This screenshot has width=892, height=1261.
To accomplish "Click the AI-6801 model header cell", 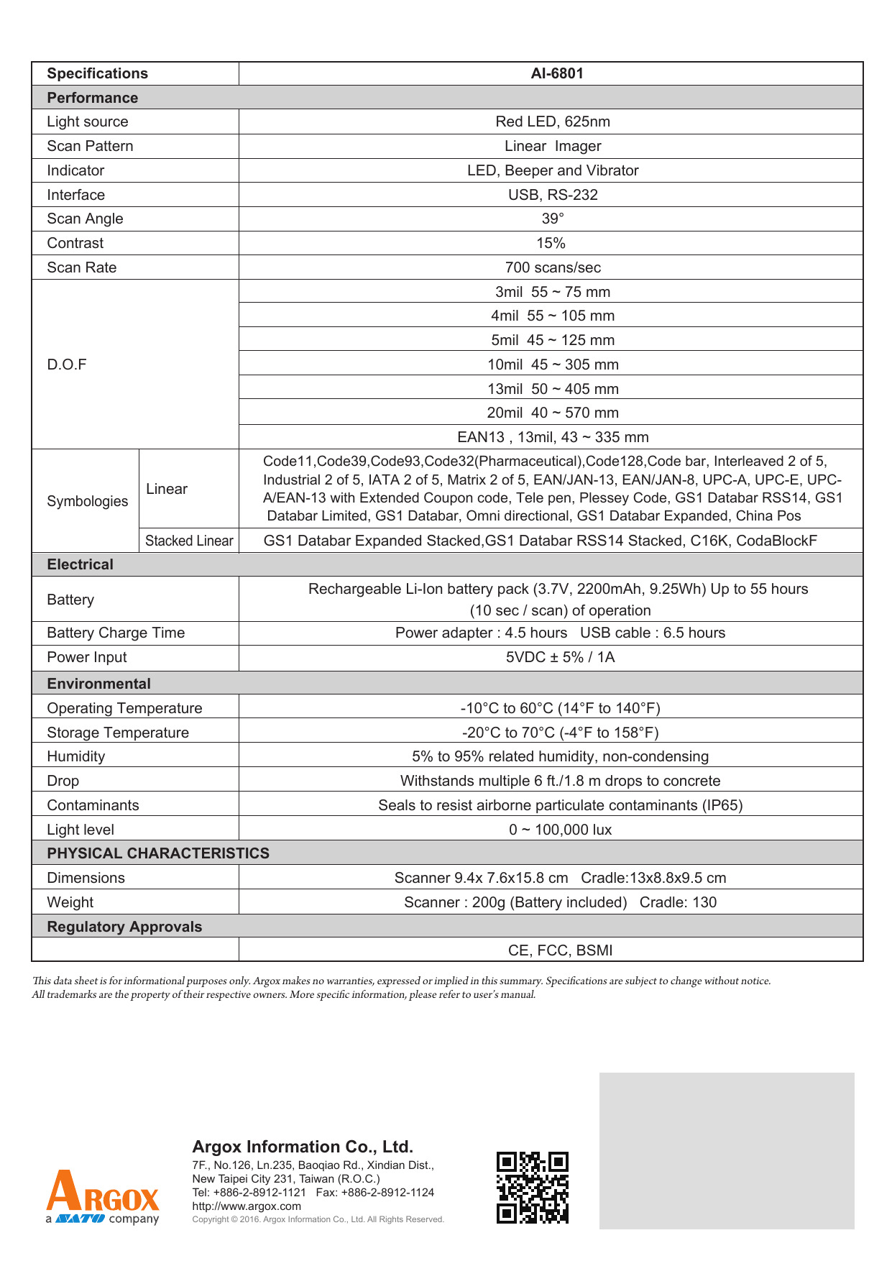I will (x=557, y=73).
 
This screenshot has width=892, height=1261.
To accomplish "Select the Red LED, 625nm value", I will (x=552, y=121).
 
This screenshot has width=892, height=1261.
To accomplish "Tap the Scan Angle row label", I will (x=85, y=219).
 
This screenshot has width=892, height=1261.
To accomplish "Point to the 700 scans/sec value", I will (x=552, y=267).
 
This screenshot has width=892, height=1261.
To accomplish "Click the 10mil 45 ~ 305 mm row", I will (x=552, y=364).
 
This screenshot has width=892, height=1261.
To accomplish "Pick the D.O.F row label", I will (x=67, y=364).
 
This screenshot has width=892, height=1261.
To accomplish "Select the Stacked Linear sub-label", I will (x=189, y=541).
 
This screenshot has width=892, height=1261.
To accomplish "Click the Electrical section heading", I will (x=80, y=564).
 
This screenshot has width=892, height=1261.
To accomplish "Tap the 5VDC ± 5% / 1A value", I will (x=560, y=657).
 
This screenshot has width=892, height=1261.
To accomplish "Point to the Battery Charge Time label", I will (x=116, y=633).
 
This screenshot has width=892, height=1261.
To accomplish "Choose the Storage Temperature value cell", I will (x=560, y=733).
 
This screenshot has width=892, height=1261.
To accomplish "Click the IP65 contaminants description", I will (x=560, y=805).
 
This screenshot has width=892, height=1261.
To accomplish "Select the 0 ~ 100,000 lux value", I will (x=560, y=830).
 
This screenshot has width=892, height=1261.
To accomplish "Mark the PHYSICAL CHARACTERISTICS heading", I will (x=158, y=853).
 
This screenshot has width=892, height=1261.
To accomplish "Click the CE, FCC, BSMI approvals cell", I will (x=560, y=950).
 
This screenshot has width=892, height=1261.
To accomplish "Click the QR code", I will (x=532, y=1187).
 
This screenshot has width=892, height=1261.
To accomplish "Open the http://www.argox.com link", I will (x=247, y=1206).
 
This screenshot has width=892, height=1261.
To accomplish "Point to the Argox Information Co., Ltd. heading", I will (x=303, y=1147).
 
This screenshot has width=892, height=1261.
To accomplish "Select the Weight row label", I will (x=70, y=902).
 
